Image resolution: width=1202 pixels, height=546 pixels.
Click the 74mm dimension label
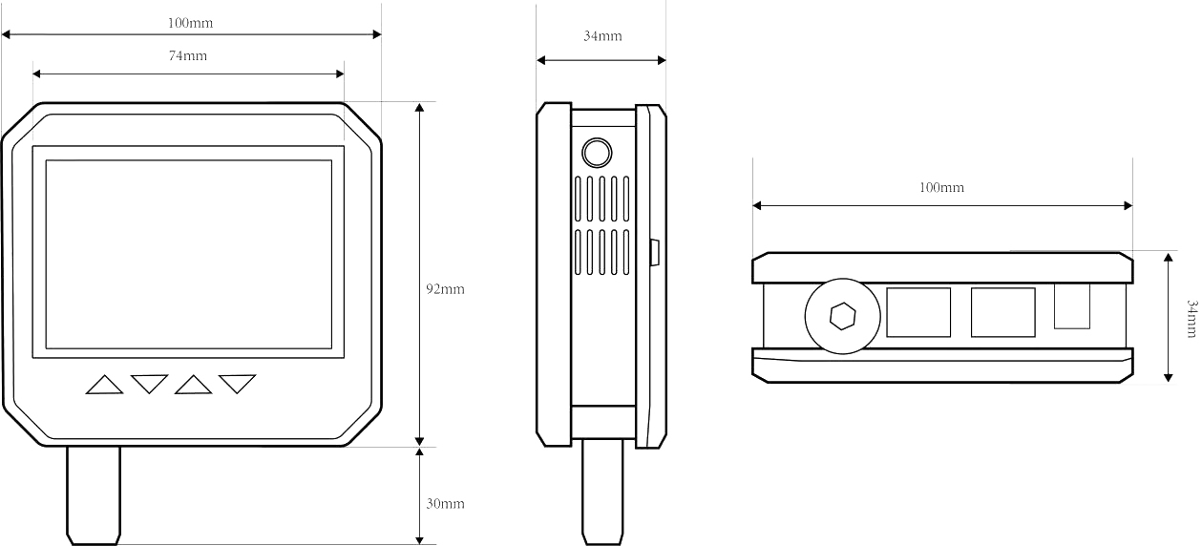point(188,55)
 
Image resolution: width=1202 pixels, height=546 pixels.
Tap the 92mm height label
point(446,289)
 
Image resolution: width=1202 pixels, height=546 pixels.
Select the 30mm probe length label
point(446,504)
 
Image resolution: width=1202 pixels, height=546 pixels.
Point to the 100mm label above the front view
point(191,23)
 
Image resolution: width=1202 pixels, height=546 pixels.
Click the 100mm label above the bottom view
point(941,188)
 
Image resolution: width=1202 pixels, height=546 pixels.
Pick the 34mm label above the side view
point(602,36)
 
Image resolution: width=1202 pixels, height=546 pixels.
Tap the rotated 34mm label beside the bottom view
point(1191,319)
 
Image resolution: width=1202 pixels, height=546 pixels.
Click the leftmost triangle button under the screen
point(105,385)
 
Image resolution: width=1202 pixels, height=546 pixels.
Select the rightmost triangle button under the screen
point(237,384)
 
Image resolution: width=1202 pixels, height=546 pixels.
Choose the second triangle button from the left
point(150,384)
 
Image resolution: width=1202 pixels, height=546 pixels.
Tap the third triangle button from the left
point(193,385)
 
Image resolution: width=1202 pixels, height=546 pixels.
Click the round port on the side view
point(597,153)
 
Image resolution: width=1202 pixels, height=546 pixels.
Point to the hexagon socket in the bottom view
point(842,317)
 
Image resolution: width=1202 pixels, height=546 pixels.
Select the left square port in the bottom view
point(918,312)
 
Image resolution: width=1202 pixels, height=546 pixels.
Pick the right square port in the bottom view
point(1002,312)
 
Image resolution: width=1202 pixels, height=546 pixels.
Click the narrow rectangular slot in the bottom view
point(1072,305)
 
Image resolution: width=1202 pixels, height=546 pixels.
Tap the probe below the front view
point(94,495)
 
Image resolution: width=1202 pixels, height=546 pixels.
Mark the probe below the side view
point(603,492)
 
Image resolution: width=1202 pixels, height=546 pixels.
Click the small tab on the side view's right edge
point(655,253)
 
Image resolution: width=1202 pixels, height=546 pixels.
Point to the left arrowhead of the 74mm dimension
point(37,74)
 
